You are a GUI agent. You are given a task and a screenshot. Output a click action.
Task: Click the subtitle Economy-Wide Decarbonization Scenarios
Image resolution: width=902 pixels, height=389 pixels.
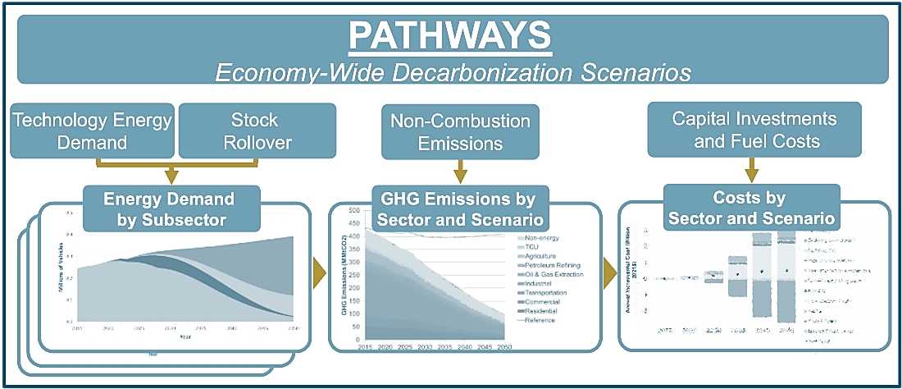tap(452, 72)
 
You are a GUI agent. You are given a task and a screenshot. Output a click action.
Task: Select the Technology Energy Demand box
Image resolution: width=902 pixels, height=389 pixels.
tap(92, 130)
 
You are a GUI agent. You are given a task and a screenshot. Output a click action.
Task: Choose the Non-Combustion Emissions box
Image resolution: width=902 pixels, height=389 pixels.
tap(460, 131)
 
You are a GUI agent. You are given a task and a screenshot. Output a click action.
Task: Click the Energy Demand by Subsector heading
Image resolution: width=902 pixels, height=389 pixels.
tap(168, 208)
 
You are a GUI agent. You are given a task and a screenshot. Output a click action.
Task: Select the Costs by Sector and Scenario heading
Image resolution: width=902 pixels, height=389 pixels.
tap(751, 208)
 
